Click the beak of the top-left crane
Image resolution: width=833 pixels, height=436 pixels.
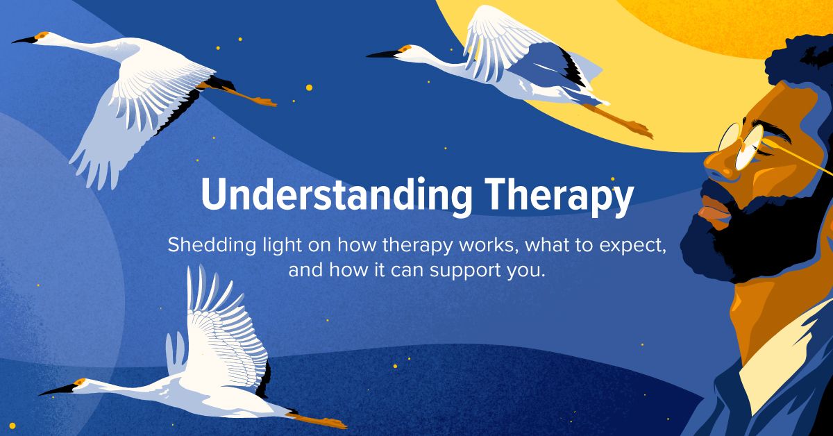point(24,40)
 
